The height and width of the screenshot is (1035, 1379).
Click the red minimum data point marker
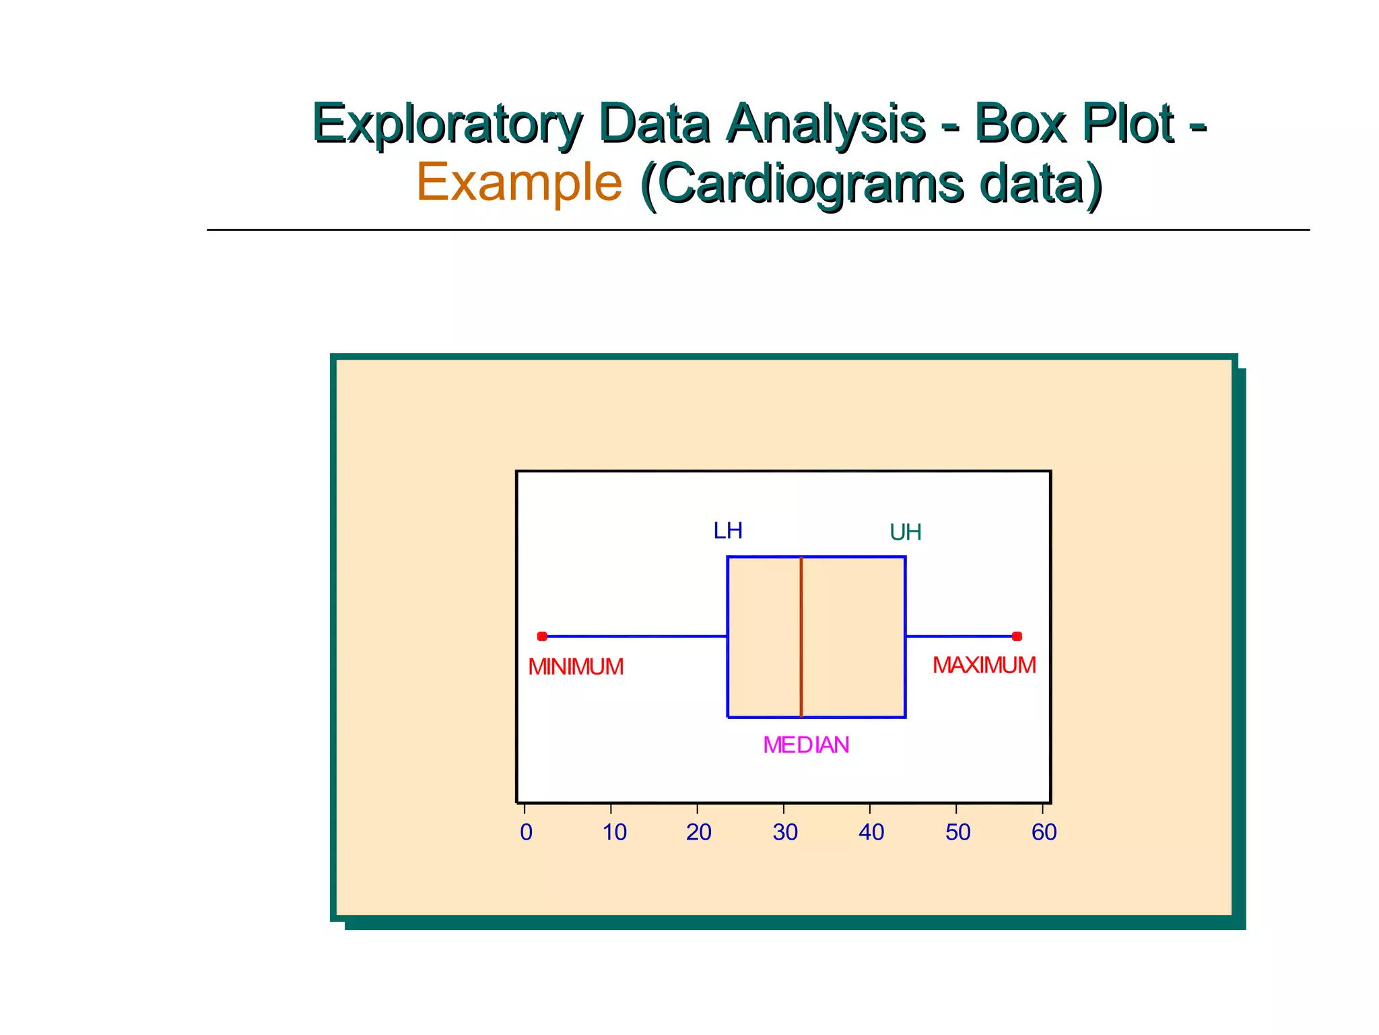(x=542, y=636)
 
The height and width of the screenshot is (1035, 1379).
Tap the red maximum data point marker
(x=1017, y=636)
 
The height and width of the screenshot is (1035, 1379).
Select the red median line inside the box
(x=801, y=637)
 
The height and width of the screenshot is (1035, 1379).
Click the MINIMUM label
(x=576, y=667)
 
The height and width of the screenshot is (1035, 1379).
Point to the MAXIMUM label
(x=984, y=666)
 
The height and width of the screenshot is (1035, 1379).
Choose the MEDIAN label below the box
(x=806, y=745)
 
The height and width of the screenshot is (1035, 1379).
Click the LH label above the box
(x=728, y=531)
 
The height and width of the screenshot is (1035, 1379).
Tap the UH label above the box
(x=905, y=533)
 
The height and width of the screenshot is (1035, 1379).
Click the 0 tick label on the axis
(x=526, y=833)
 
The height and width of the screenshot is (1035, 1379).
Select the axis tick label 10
(x=614, y=833)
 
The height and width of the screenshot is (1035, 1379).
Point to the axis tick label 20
(x=698, y=833)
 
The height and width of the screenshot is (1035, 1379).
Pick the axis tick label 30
(x=785, y=833)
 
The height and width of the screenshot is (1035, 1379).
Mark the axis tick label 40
(x=871, y=833)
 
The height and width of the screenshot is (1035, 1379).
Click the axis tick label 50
(x=957, y=833)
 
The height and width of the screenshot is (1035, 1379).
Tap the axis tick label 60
(x=1044, y=833)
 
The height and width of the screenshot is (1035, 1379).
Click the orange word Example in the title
(x=519, y=182)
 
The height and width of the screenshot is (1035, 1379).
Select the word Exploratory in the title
(x=447, y=124)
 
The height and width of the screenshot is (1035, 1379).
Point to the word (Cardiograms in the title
(x=802, y=183)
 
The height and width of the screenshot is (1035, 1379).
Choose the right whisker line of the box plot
(x=959, y=636)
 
